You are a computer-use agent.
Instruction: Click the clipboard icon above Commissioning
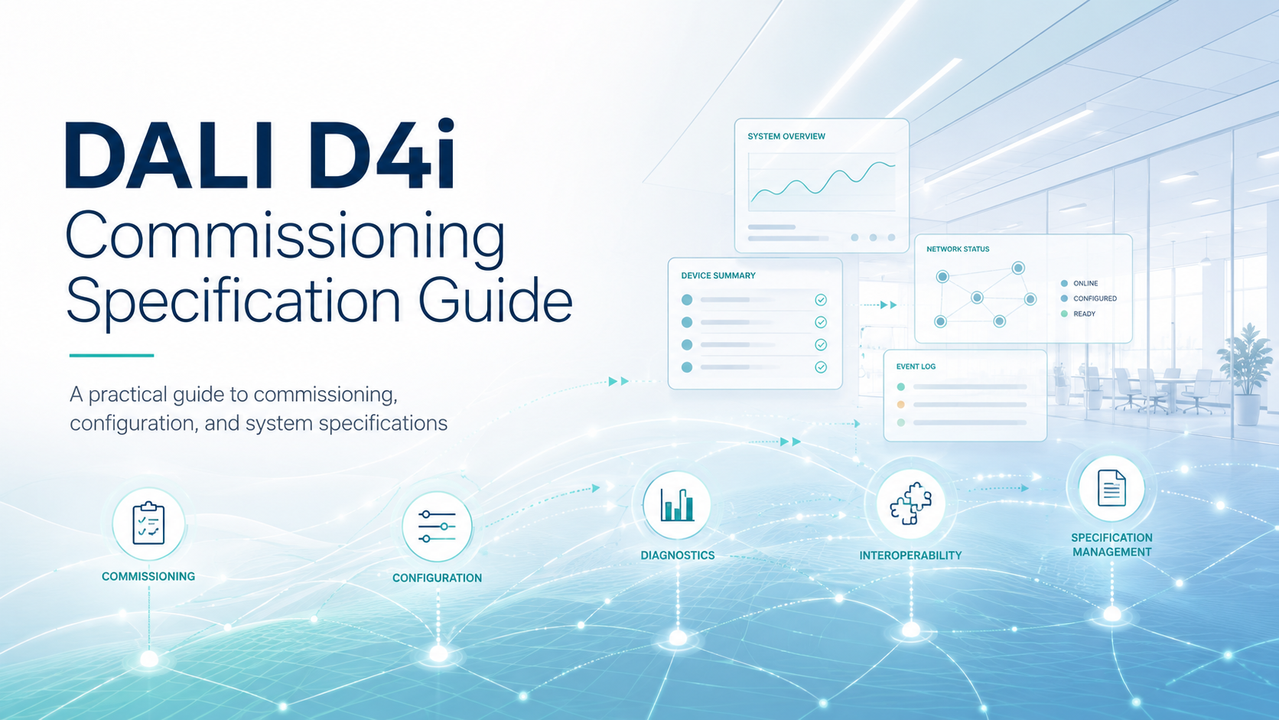(148, 523)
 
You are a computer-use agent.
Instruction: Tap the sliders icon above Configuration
(437, 526)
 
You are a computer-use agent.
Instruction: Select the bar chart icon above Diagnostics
(677, 505)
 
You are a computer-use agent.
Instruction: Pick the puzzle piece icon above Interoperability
(911, 503)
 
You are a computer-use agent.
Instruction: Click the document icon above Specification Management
(1111, 487)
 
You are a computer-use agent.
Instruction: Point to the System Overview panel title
(786, 136)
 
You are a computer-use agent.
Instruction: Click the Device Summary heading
(718, 275)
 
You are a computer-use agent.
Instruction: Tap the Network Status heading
(958, 249)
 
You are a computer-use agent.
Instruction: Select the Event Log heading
(916, 367)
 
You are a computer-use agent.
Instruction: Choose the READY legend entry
(1078, 314)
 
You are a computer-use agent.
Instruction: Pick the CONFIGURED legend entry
(1089, 298)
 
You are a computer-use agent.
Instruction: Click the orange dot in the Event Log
(901, 405)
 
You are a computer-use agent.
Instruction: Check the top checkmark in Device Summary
(821, 300)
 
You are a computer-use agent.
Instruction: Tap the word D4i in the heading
(382, 154)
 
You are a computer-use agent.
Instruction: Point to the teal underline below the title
(112, 355)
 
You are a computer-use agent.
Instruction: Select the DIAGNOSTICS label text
(677, 555)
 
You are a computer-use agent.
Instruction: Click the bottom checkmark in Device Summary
(821, 367)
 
